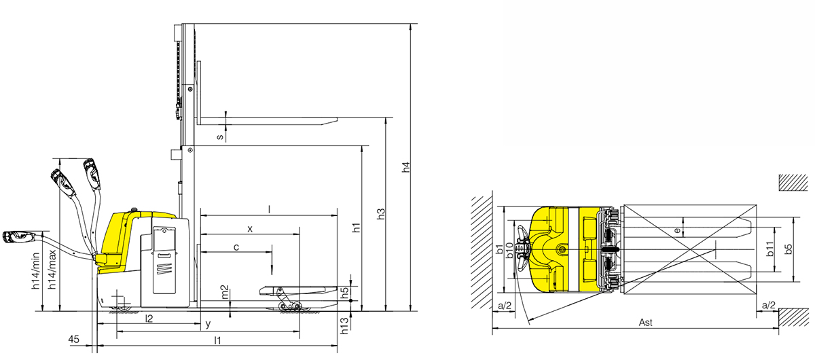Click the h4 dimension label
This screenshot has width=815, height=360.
coord(406,168)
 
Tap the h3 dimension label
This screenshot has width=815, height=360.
coord(382,213)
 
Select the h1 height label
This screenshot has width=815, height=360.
coord(357,228)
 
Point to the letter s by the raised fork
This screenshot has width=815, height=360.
coord(219,137)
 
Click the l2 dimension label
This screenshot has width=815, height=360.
coord(148,318)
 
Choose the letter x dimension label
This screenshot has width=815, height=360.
coord(250,229)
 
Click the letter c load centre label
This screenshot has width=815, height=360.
coord(236,247)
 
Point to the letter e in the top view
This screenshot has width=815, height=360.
coord(677,230)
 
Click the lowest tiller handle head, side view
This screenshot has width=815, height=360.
coord(18,237)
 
